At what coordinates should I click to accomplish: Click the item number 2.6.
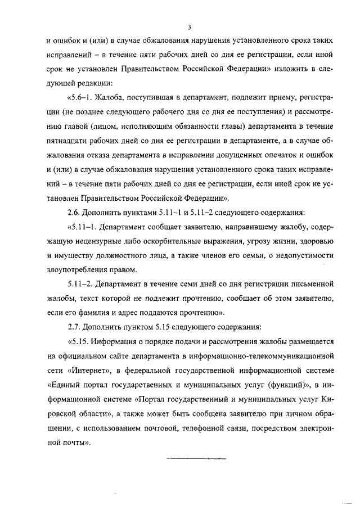[x=74, y=213]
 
